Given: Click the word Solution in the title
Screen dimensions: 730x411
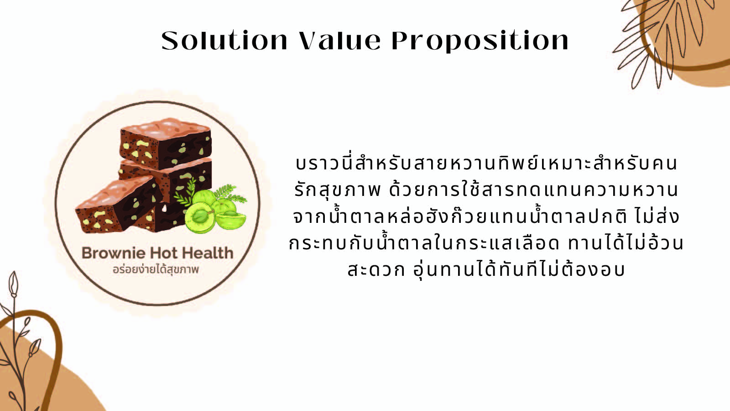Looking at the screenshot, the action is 224,41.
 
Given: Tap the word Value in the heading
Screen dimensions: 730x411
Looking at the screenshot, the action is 340,41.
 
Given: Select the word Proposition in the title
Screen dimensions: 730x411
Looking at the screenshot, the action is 480,41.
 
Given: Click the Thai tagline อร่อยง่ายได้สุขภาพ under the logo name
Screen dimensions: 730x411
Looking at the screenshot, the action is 156,270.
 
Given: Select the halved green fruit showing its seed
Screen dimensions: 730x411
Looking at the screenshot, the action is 199,217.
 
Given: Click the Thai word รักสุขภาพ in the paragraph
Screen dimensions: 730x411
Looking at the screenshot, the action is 337,190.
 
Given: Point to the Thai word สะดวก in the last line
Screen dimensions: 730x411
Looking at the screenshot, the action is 376,269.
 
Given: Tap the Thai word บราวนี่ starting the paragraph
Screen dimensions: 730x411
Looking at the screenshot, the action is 324,163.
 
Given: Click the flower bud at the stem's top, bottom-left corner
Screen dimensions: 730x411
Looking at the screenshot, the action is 13,284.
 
